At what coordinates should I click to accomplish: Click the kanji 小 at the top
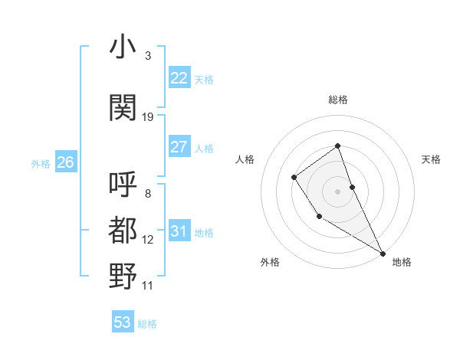[123, 47]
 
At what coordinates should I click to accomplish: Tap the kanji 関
[123, 107]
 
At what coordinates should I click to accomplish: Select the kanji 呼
[123, 185]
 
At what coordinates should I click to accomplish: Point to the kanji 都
[123, 231]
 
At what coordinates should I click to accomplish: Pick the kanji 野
[123, 276]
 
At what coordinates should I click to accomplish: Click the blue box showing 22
[179, 78]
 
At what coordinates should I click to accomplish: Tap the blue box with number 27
[179, 147]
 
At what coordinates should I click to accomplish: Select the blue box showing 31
[179, 231]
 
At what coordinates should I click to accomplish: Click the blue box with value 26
[65, 162]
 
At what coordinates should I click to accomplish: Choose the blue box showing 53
[123, 322]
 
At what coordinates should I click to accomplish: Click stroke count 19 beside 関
[148, 117]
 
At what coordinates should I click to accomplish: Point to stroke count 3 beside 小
[147, 56]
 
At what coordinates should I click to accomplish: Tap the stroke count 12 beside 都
[148, 240]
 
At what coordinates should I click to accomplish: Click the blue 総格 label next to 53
[147, 324]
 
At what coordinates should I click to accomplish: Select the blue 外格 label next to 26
[41, 163]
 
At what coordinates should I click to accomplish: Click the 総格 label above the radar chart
[337, 100]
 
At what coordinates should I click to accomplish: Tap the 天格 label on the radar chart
[432, 159]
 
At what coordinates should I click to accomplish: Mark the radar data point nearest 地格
[383, 253]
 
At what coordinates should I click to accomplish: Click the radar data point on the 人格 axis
[294, 178]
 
